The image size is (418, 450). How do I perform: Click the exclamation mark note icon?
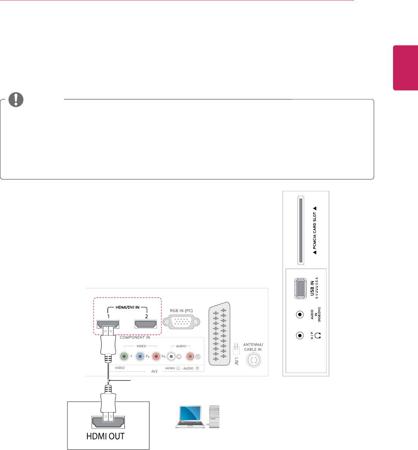click(16, 99)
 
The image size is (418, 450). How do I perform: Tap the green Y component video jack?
click(123, 356)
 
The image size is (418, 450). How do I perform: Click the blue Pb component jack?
click(140, 356)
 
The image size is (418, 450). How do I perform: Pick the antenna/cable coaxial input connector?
click(253, 360)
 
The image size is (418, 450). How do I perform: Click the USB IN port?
click(300, 288)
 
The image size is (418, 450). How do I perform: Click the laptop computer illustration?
click(191, 417)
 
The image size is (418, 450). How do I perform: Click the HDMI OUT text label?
click(105, 436)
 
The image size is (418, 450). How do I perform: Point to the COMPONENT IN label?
click(135, 337)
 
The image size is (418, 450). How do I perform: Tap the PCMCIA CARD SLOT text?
click(314, 230)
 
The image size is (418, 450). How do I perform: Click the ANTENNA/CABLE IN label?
click(253, 347)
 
